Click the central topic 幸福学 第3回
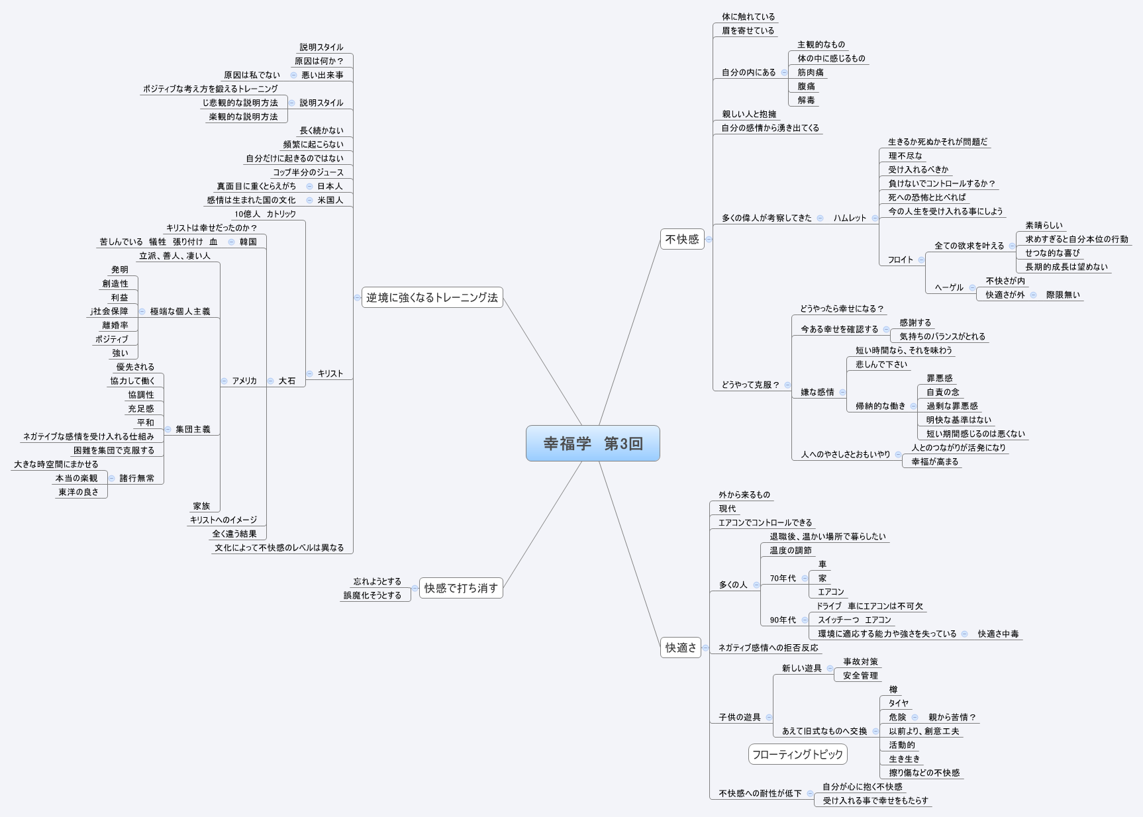pos(593,443)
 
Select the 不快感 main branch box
pos(682,239)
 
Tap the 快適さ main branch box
pos(681,648)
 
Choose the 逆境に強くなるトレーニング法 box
pos(432,297)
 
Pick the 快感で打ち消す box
pos(461,588)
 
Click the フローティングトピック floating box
pos(797,754)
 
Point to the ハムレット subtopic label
pos(850,218)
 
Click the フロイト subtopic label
pos(900,260)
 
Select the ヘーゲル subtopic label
pos(948,287)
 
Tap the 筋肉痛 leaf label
pos(810,72)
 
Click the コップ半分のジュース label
pos(308,172)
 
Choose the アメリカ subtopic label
pos(244,381)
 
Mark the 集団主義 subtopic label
pos(193,429)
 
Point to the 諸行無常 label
pos(136,478)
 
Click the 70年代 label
pos(782,578)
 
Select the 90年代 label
pos(782,620)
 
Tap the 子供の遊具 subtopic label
pos(739,717)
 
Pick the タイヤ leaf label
pos(898,703)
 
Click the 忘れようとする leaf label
pos(377,581)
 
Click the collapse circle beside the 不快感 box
pos(709,240)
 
